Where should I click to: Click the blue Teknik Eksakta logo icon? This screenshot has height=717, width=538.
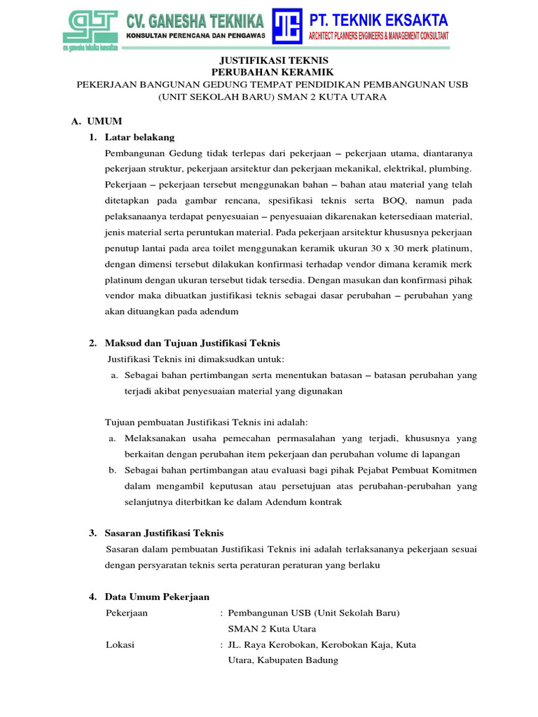pos(287,26)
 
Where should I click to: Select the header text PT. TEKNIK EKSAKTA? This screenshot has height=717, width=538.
pos(378,19)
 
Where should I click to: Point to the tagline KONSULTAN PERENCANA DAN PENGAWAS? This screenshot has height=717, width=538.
pos(194,35)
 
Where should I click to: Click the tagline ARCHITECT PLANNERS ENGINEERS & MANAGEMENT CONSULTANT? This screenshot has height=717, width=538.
pos(378,35)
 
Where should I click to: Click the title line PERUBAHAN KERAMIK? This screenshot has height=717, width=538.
pos(269,72)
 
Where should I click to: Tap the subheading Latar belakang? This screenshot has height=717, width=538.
pos(139,137)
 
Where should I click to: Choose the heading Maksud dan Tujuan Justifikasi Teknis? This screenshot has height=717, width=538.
pos(192,342)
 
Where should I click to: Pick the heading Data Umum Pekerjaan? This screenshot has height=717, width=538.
pos(157,597)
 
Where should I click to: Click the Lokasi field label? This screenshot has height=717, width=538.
pos(120,644)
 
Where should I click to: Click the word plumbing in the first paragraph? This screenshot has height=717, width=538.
pos(453,169)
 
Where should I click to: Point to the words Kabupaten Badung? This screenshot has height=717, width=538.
pos(297,660)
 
